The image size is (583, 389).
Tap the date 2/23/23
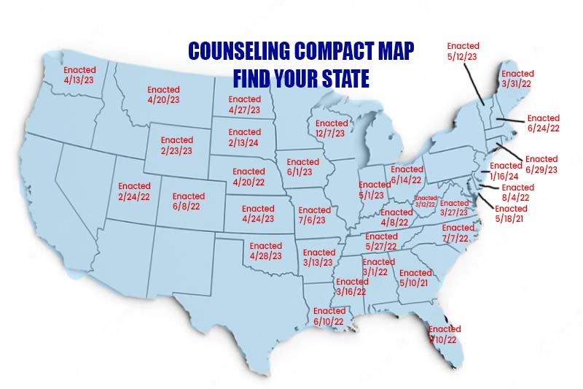(x=177, y=150)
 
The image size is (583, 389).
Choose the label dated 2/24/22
(x=134, y=197)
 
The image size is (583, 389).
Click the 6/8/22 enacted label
(x=189, y=207)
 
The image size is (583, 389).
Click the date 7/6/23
(x=315, y=220)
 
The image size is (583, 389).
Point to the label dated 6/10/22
(x=329, y=321)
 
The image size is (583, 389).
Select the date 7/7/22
(x=458, y=239)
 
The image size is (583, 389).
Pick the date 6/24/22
(x=544, y=128)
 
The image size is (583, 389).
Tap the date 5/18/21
(x=511, y=218)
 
